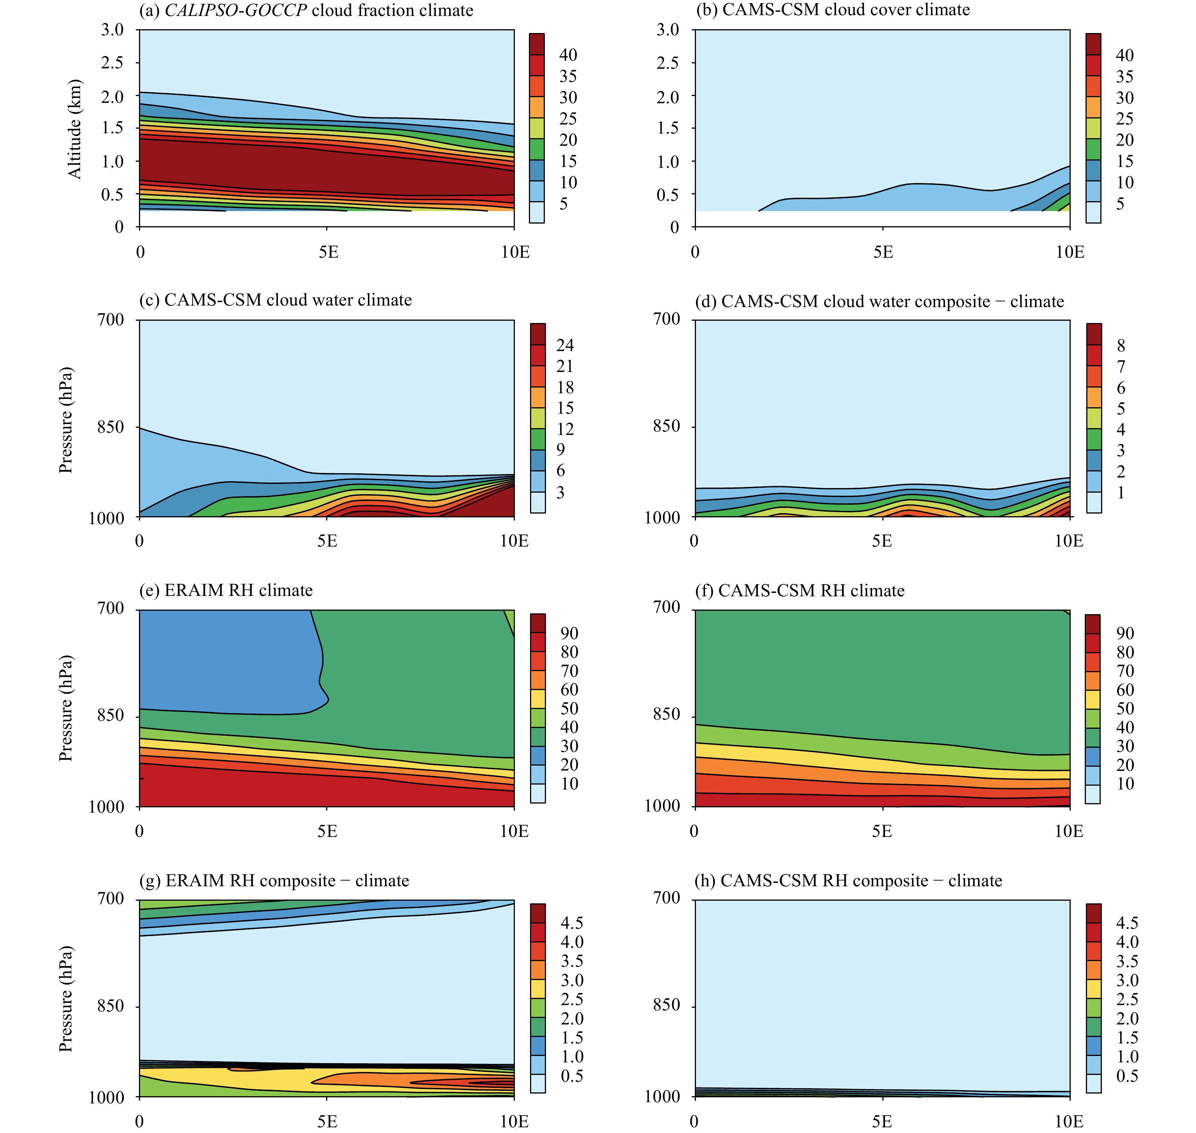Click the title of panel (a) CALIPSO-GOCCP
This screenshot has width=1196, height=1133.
pyautogui.click(x=306, y=10)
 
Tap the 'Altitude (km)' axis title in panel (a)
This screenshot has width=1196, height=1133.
pyautogui.click(x=74, y=129)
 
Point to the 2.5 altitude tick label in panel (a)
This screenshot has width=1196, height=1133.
pyautogui.click(x=112, y=63)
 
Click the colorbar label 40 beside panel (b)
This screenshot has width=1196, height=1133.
pyautogui.click(x=1124, y=55)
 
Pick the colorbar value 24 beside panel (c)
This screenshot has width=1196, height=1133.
pyautogui.click(x=565, y=345)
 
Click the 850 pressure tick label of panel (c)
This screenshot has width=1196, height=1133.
pyautogui.click(x=110, y=427)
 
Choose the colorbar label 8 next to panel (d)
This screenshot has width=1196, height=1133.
pyautogui.click(x=1121, y=345)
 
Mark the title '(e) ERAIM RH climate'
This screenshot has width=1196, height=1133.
pyautogui.click(x=226, y=590)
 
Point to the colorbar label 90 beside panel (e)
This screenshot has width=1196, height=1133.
pyautogui.click(x=569, y=633)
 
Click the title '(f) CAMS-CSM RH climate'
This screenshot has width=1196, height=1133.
pyautogui.click(x=799, y=590)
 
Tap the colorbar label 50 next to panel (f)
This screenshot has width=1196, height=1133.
pyautogui.click(x=1125, y=708)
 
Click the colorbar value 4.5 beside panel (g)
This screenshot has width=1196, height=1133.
pyautogui.click(x=571, y=923)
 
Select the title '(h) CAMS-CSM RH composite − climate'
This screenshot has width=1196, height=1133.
pyautogui.click(x=848, y=881)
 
